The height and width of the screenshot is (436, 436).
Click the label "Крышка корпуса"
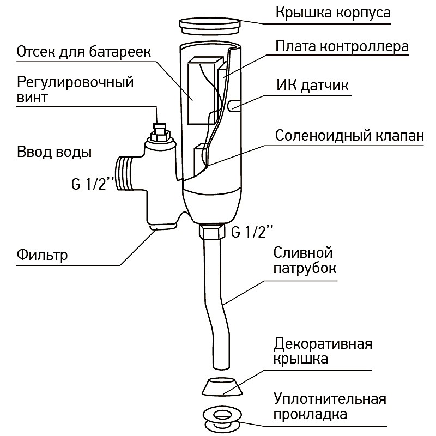click(333, 13)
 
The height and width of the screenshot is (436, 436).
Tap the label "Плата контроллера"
click(342, 46)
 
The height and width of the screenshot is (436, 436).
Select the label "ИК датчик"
click(312, 86)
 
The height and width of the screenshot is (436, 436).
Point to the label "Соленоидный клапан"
click(350, 135)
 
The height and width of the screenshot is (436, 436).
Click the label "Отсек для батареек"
click(84, 52)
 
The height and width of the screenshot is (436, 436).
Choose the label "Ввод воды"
click(54, 152)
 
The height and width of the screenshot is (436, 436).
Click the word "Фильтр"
click(42, 255)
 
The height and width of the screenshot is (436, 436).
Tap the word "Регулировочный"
click(75, 83)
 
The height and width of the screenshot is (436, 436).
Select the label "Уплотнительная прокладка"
click(330, 406)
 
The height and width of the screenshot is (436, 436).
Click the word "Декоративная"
click(323, 344)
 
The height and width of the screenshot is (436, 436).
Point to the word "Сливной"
click(303, 252)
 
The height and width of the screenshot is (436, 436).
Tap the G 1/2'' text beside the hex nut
click(252, 232)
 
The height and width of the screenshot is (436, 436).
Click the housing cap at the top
click(210, 26)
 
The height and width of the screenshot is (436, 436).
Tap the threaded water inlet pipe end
click(124, 173)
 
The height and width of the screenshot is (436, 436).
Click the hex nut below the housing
click(211, 231)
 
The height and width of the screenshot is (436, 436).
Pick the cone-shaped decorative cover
click(222, 386)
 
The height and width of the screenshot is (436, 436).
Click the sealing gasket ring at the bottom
click(222, 419)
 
